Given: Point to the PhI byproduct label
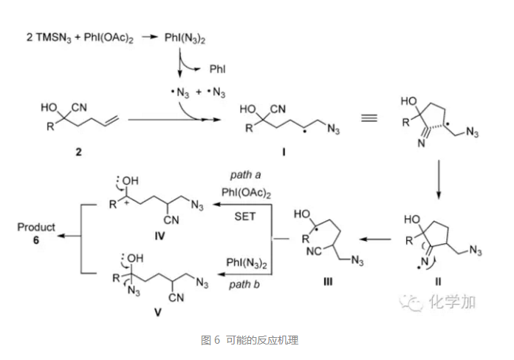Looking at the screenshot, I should point(218,69).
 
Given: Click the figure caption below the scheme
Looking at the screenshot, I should point(249,341).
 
